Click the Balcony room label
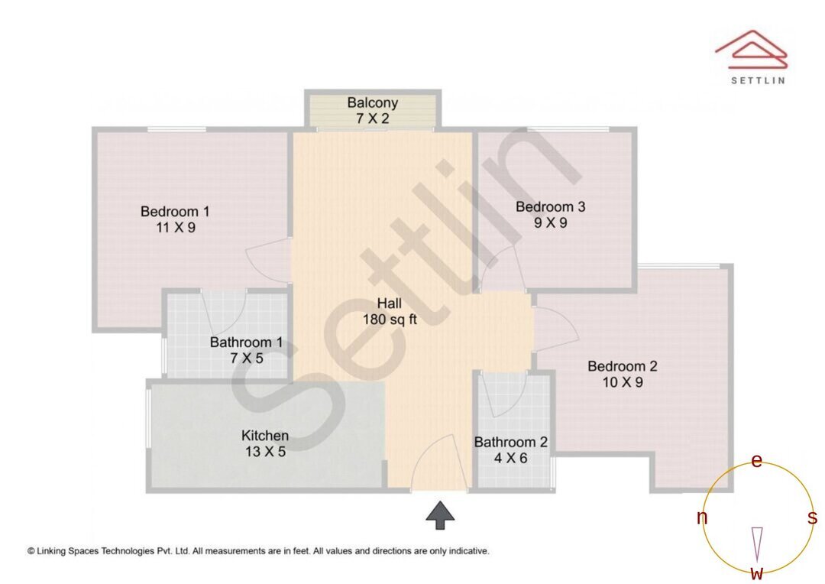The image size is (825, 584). click(x=372, y=102)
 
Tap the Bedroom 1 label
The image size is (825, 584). click(x=175, y=211)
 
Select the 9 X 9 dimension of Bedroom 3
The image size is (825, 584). click(x=550, y=223)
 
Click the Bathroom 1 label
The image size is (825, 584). click(x=246, y=342)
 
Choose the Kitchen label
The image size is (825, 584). click(x=265, y=436)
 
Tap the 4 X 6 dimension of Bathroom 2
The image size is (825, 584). click(x=510, y=459)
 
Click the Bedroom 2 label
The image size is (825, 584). click(x=622, y=366)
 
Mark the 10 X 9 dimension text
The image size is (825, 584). click(x=623, y=382)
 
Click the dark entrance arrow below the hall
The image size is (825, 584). click(x=440, y=515)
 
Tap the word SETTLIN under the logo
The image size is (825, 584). click(x=757, y=79)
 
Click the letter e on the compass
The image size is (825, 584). click(x=757, y=461)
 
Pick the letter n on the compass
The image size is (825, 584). click(x=702, y=518)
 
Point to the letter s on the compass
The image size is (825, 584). click(x=812, y=518)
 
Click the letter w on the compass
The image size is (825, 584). click(x=757, y=573)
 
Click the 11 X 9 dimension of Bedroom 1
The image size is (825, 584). click(x=175, y=227)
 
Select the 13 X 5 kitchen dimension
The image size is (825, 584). click(x=265, y=452)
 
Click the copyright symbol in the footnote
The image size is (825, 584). click(x=31, y=550)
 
